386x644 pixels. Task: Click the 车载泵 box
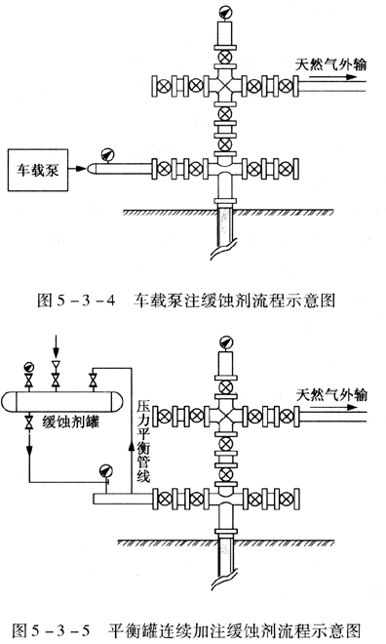tap(38, 170)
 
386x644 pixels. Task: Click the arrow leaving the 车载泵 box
tap(77, 169)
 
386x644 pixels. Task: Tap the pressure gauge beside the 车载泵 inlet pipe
tap(108, 155)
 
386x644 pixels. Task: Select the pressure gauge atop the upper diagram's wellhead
tap(224, 12)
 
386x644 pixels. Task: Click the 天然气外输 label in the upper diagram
tap(330, 65)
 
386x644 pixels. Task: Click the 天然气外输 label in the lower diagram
tap(331, 395)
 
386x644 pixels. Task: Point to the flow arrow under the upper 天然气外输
tap(332, 77)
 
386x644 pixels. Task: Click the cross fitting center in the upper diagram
tap(224, 86)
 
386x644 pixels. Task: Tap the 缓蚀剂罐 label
tap(70, 422)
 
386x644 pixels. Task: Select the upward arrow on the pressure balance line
tap(132, 445)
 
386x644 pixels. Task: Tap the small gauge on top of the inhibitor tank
tap(28, 367)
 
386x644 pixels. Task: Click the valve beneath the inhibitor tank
tap(28, 423)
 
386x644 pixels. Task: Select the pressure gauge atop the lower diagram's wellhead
tap(225, 342)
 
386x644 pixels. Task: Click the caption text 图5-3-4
tap(76, 301)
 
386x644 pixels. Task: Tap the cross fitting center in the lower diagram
tap(225, 416)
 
